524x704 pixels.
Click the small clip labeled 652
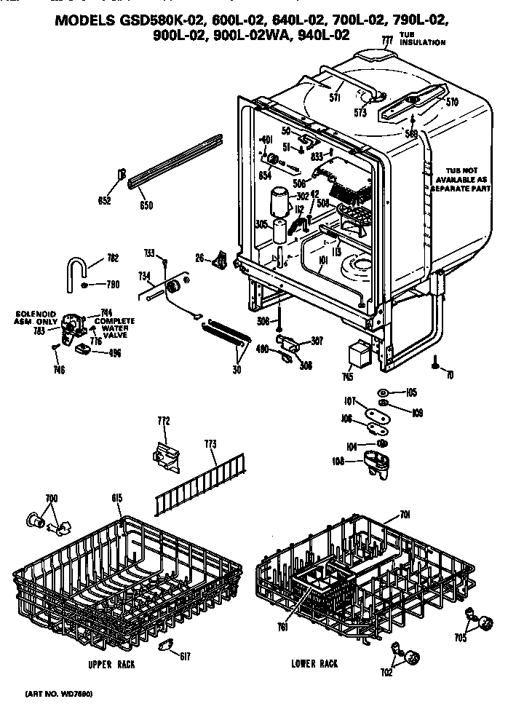click(x=122, y=175)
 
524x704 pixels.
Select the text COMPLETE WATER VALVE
click(x=114, y=328)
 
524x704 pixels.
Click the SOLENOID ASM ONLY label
click(x=36, y=317)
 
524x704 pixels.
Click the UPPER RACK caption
click(x=111, y=665)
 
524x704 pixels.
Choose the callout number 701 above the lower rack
click(x=405, y=515)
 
